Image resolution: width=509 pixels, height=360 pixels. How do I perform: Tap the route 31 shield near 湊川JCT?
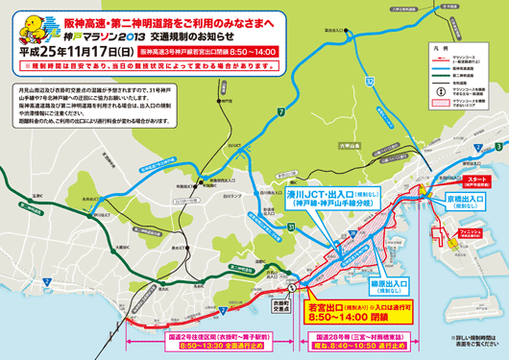click(x=290, y=227)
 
